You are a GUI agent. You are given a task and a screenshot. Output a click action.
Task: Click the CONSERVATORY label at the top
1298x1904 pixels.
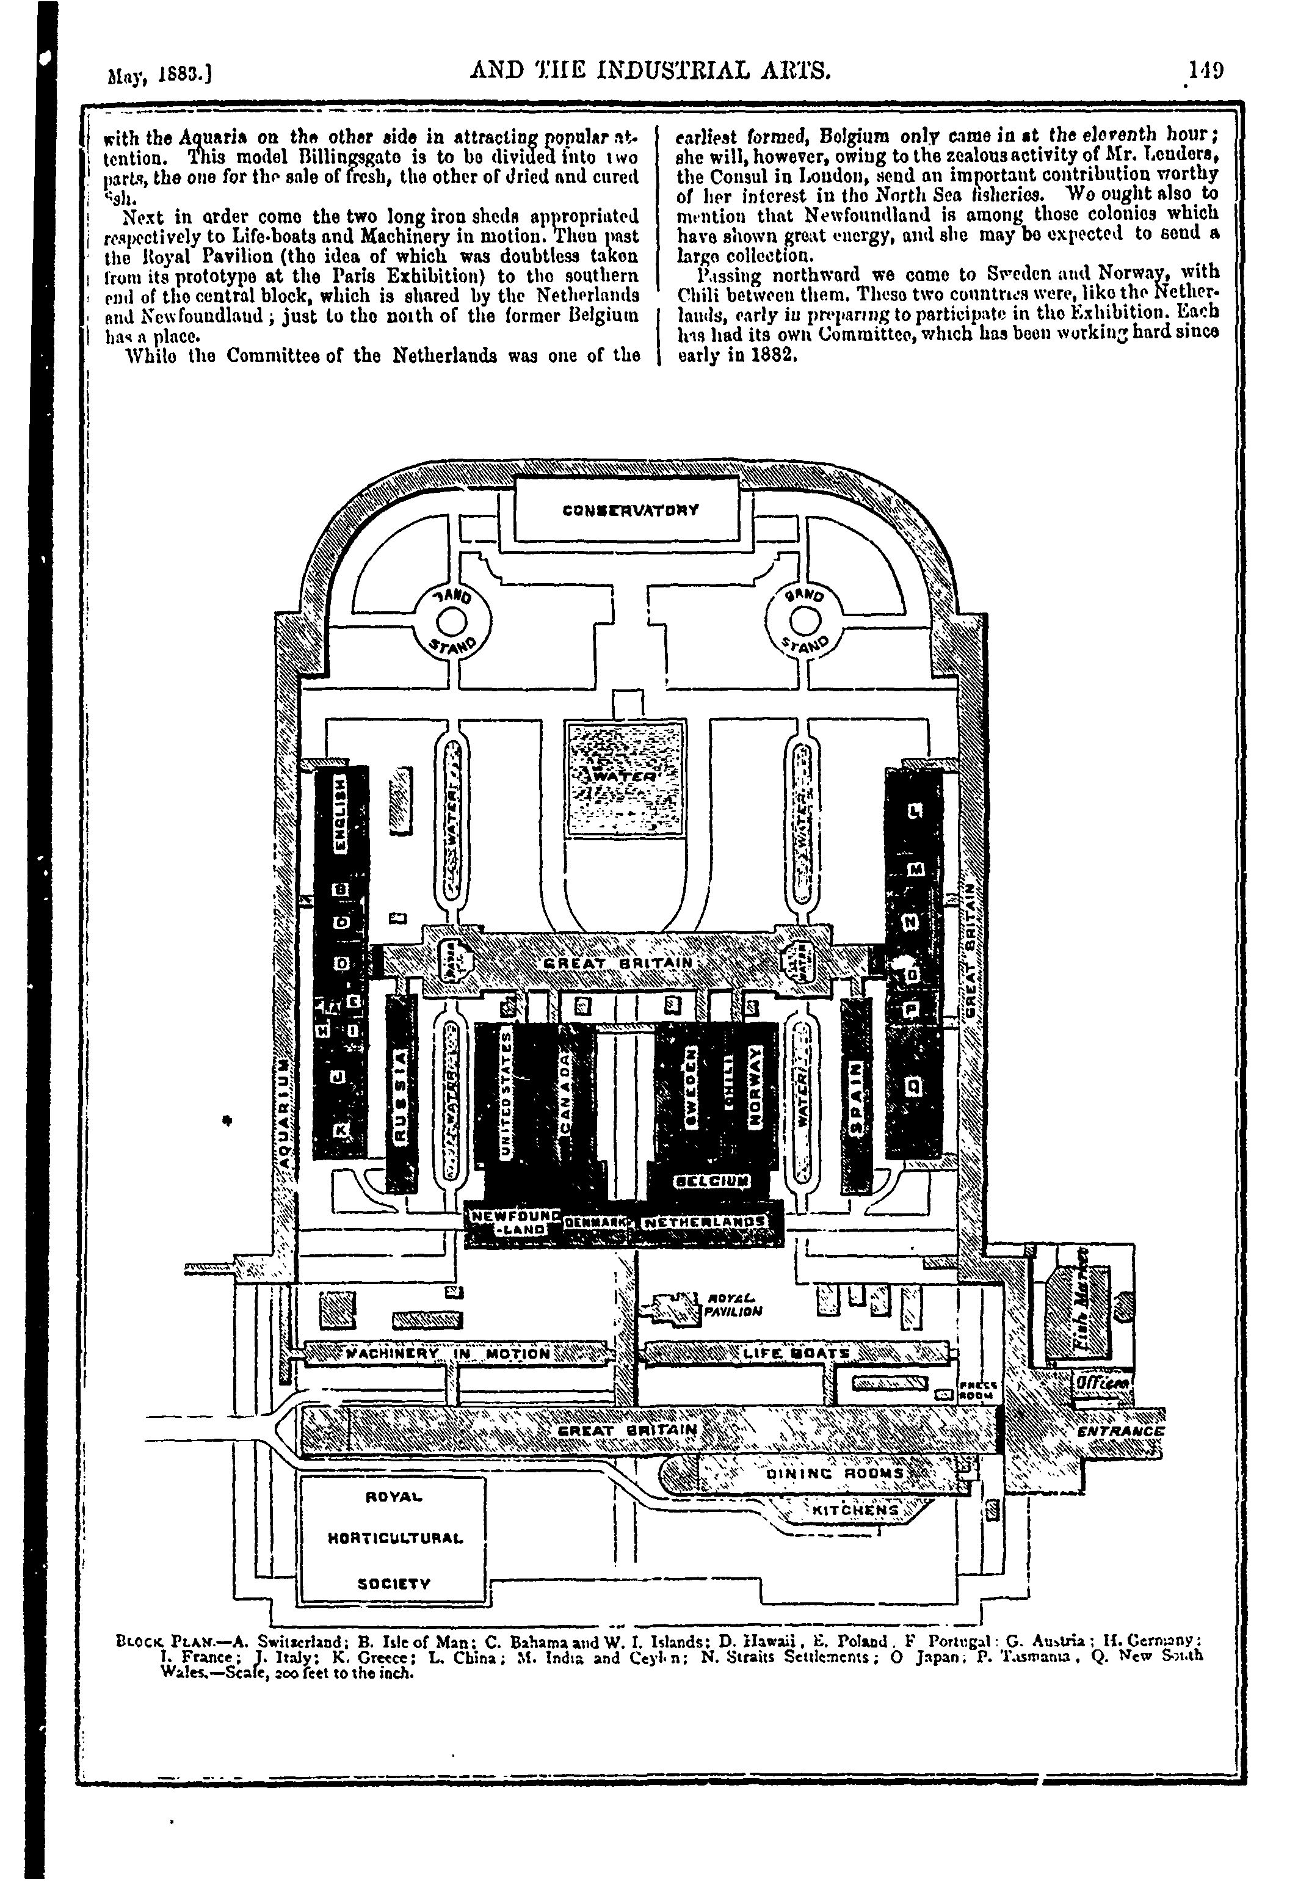631,510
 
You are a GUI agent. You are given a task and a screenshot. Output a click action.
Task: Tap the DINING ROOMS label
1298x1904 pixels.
835,1473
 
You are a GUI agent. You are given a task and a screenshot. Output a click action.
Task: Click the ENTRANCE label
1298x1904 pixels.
1120,1431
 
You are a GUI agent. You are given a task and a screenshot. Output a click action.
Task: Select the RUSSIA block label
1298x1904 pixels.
401,1093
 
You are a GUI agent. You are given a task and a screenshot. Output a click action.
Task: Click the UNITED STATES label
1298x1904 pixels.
506,1094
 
